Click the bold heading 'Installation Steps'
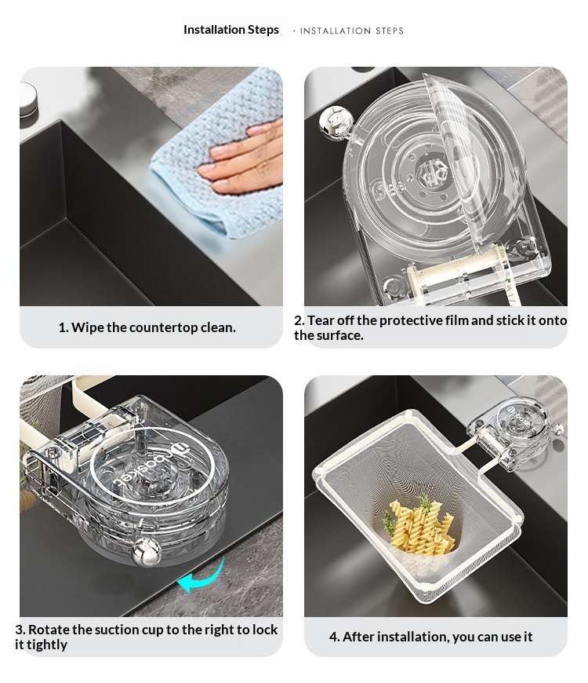click(x=231, y=30)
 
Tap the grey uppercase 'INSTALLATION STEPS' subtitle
click(x=352, y=31)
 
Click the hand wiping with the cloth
click(x=242, y=159)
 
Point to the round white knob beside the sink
click(x=28, y=100)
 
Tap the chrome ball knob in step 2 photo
click(x=335, y=122)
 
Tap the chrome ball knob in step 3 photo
click(x=147, y=553)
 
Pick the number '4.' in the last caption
click(x=334, y=637)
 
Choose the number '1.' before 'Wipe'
click(x=64, y=327)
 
